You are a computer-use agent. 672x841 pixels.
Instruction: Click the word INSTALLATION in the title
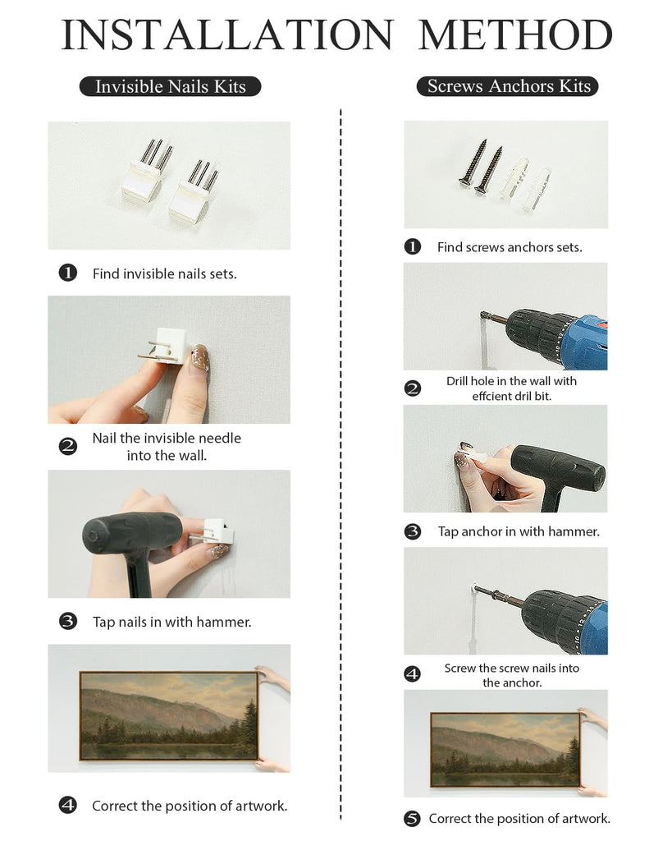click(227, 34)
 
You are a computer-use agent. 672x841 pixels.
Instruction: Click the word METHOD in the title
click(515, 34)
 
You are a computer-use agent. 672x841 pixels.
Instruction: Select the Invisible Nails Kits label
click(170, 86)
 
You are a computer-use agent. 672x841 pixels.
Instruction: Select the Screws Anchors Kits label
click(507, 85)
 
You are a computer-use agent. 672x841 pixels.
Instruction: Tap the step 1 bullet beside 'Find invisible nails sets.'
click(67, 273)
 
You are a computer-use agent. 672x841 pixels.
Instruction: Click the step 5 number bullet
click(412, 819)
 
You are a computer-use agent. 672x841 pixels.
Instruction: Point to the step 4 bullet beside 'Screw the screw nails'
click(412, 673)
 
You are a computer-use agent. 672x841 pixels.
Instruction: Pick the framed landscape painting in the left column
click(169, 715)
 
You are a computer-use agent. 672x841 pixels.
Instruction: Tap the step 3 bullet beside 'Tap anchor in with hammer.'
click(412, 531)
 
